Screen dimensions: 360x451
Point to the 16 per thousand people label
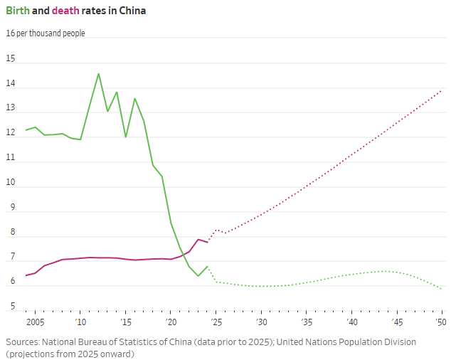[x=46, y=33]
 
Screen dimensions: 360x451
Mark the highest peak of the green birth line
[x=99, y=74]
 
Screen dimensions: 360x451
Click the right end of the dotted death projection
[x=442, y=91]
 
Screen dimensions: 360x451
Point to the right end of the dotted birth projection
[x=442, y=289]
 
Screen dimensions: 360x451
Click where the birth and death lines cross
[x=184, y=255]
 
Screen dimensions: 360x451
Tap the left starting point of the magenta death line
[x=26, y=275]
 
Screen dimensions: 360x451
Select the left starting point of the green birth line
[x=26, y=130]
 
